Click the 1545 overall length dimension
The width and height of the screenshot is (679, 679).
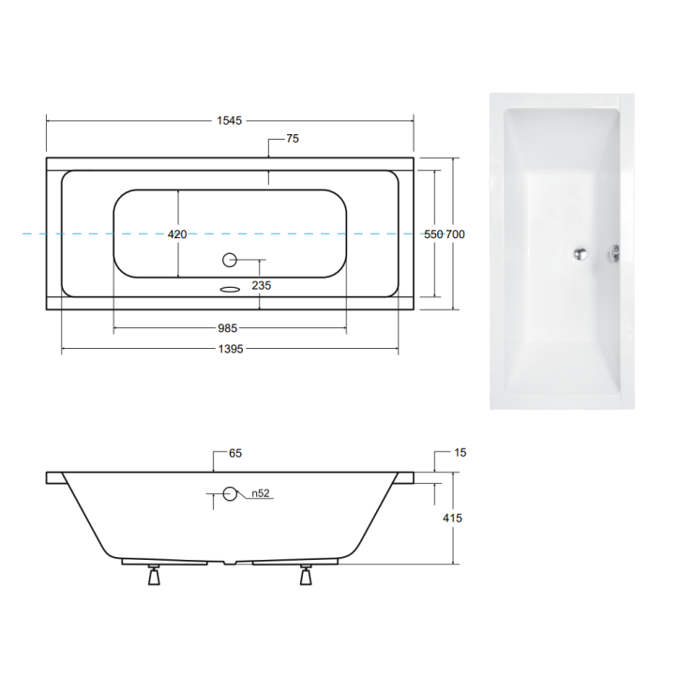click(x=230, y=120)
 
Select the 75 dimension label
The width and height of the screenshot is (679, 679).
click(x=292, y=139)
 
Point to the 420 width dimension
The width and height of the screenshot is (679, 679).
click(x=177, y=234)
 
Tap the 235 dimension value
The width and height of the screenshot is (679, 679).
click(x=262, y=287)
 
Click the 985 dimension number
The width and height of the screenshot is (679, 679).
click(x=229, y=328)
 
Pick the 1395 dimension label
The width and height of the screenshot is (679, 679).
click(x=230, y=350)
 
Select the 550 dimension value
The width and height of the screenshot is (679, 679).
click(x=433, y=234)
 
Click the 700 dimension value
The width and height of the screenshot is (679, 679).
click(x=456, y=234)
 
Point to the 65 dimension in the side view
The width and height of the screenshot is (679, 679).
click(x=234, y=454)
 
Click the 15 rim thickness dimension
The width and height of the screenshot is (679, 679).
click(x=460, y=454)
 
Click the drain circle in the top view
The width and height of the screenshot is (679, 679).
click(x=230, y=260)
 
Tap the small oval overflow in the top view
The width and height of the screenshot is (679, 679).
click(x=230, y=289)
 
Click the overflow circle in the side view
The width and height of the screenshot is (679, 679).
click(x=230, y=494)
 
